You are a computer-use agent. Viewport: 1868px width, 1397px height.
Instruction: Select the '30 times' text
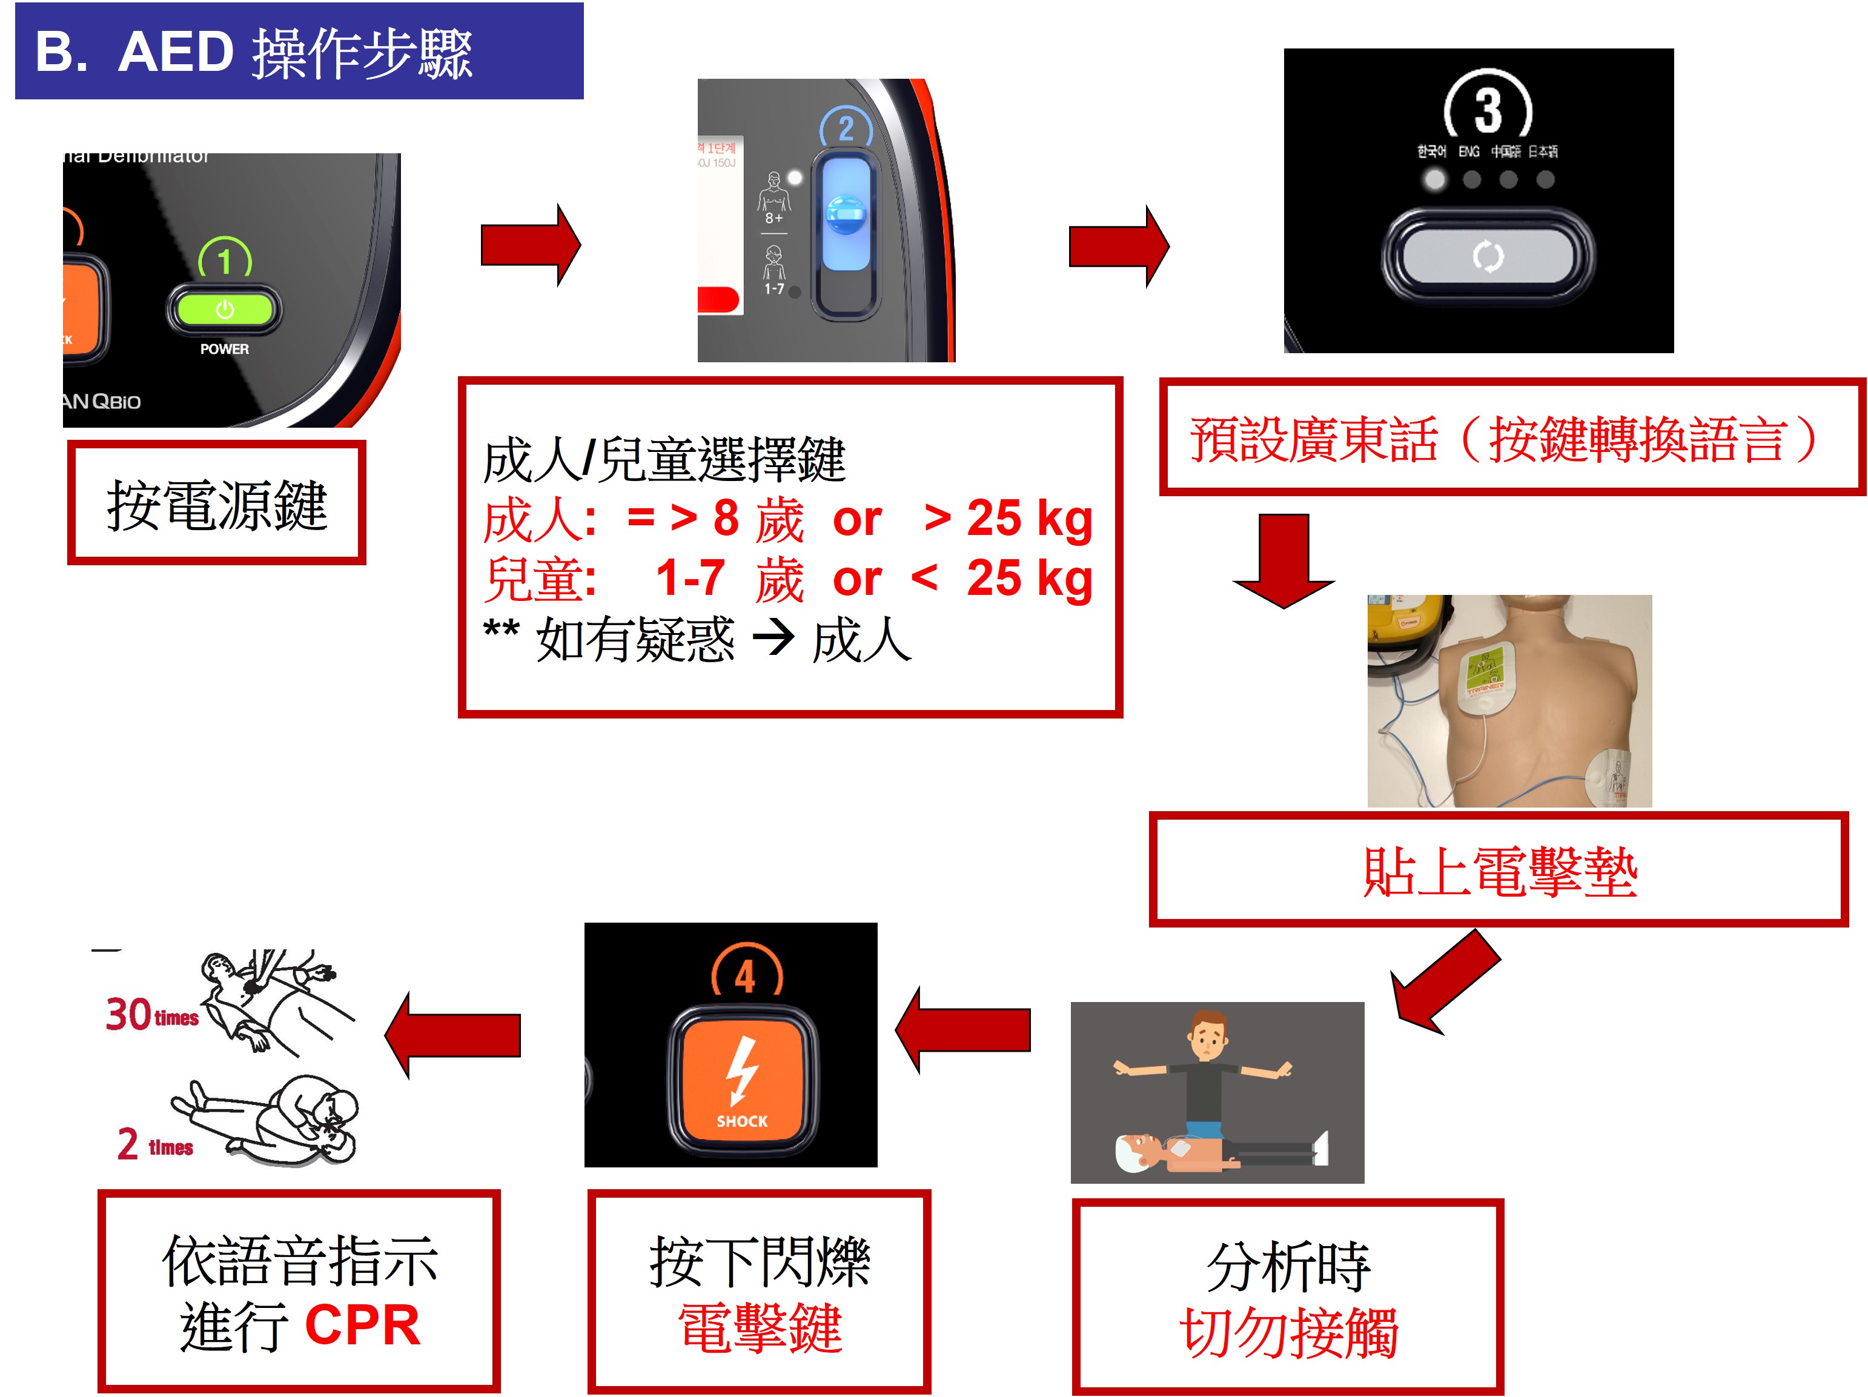click(x=152, y=1014)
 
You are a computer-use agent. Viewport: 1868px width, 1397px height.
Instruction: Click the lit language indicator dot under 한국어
click(x=1434, y=179)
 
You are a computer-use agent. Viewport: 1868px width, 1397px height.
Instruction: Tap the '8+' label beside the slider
click(x=773, y=218)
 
